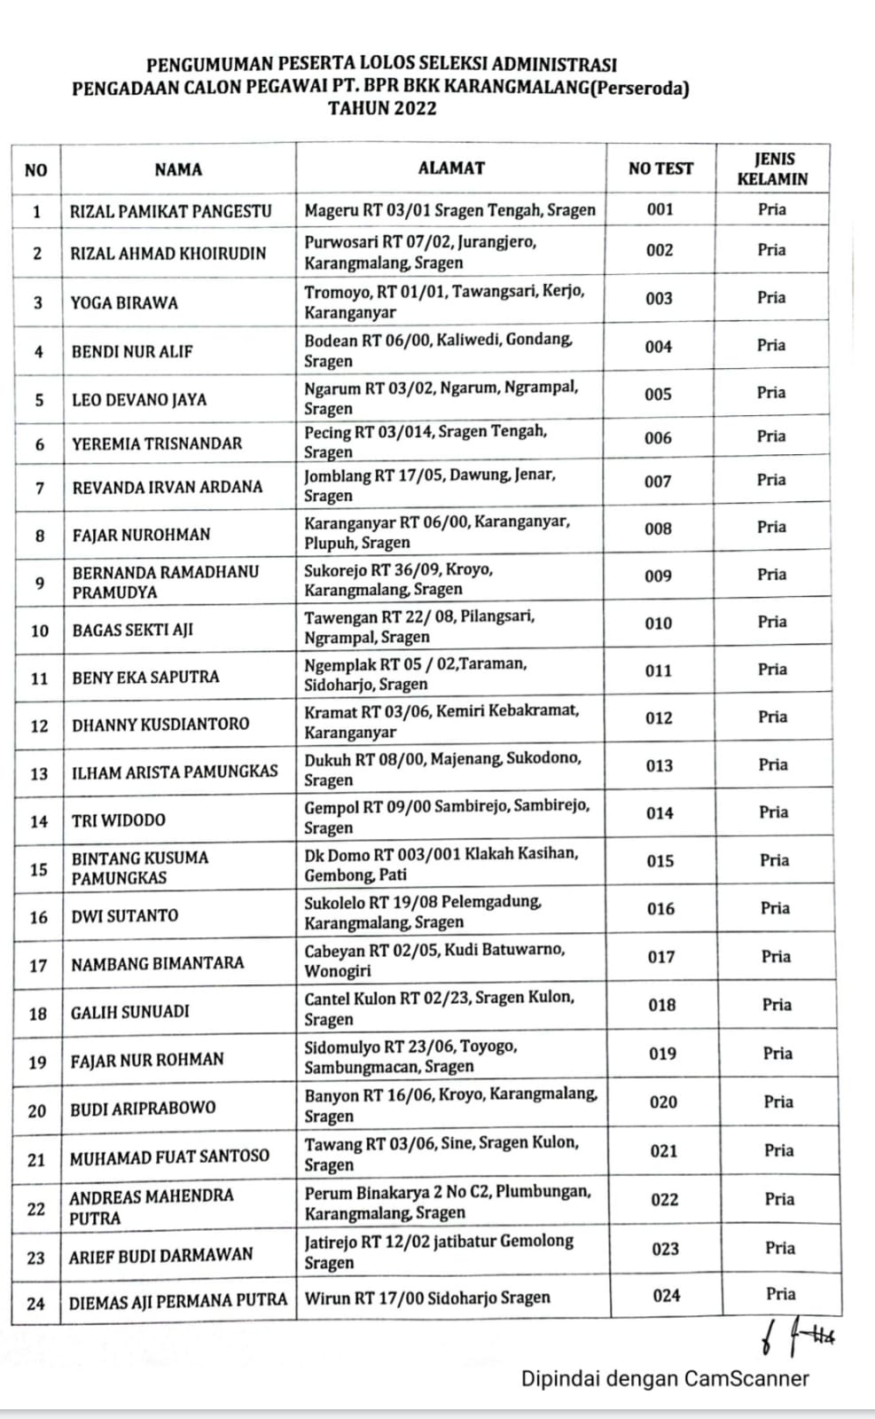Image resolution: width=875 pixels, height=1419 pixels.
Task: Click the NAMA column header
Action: coord(178,169)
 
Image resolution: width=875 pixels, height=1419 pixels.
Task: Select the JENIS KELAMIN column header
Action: coord(773,169)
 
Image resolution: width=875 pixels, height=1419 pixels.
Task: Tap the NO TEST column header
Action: coord(660,169)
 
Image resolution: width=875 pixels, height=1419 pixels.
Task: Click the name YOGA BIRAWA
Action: coord(124,302)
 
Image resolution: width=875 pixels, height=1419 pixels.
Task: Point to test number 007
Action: coord(658,482)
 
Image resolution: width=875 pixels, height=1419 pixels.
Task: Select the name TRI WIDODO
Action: coord(118,820)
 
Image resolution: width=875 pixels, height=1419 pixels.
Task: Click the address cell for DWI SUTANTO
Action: coord(423,912)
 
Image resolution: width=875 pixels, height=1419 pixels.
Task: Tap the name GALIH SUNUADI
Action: coord(130,1011)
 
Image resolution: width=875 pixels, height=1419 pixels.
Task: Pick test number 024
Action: coord(666,1296)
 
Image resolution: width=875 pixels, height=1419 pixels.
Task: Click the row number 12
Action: coord(39,725)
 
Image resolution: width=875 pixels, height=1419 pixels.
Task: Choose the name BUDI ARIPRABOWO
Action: coord(143,1109)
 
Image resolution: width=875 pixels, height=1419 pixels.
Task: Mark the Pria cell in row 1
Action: coord(772,209)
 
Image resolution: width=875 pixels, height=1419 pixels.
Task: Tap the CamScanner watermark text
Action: coord(665,1379)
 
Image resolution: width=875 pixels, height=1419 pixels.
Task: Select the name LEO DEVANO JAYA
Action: coord(139,400)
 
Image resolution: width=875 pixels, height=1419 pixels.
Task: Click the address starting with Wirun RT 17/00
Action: coord(427,1298)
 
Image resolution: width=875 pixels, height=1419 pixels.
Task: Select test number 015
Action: coord(660,861)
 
